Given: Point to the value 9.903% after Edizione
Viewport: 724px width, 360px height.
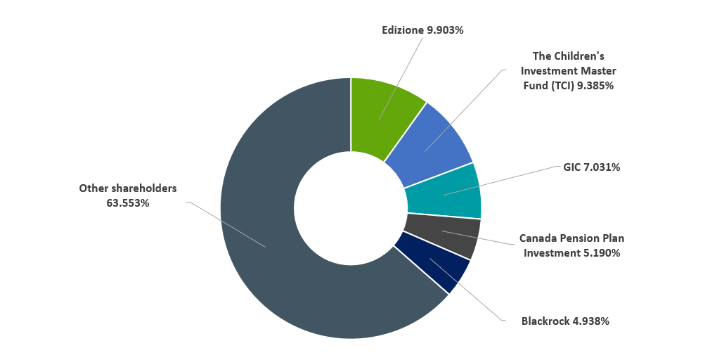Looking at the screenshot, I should [444, 30].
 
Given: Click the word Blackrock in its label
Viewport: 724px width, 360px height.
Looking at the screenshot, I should [544, 321].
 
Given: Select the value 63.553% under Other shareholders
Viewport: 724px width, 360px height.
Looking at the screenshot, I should [127, 203].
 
